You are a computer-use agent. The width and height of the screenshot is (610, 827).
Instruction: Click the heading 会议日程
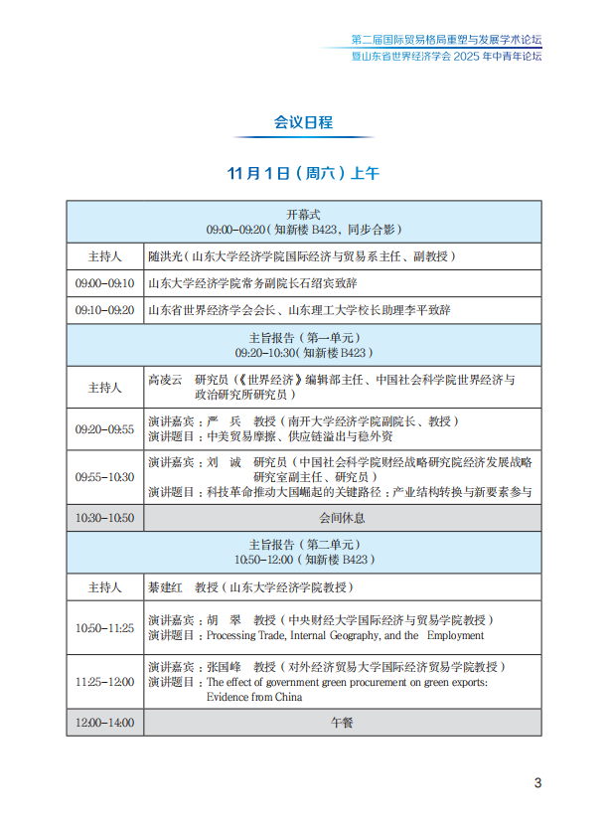[x=304, y=122]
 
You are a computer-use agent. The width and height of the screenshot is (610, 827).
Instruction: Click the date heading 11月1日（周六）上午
[x=303, y=173]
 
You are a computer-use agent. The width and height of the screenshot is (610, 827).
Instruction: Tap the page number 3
[x=537, y=782]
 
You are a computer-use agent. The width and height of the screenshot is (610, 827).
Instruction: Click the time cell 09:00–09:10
[x=104, y=283]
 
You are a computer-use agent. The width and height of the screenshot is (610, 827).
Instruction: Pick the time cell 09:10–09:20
[x=104, y=310]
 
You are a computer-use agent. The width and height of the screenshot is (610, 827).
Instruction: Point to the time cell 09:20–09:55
[x=104, y=429]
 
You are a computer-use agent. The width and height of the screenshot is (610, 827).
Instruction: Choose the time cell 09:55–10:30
[x=104, y=477]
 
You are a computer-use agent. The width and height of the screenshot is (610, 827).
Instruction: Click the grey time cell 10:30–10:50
[x=104, y=518]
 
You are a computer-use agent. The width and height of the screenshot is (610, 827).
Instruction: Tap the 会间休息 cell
[x=341, y=518]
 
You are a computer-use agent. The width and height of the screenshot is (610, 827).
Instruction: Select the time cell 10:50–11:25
[x=104, y=628]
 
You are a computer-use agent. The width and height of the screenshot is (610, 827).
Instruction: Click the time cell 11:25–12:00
[x=104, y=682]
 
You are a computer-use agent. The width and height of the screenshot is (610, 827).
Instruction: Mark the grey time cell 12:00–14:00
[x=104, y=723]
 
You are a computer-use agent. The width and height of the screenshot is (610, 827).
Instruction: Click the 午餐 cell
[x=341, y=723]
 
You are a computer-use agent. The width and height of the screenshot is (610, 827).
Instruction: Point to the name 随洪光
[x=165, y=256]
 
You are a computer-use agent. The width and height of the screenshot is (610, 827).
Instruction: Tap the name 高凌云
[x=165, y=381]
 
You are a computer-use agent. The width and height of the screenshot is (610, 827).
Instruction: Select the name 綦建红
[x=165, y=587]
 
